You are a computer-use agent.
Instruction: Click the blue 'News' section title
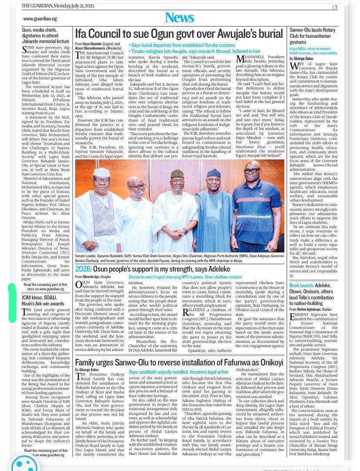[x=179, y=18]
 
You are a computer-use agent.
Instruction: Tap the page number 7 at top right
[x=336, y=7]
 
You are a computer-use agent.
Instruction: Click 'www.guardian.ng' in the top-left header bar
[x=40, y=19]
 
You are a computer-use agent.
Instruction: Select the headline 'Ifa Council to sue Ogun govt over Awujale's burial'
[x=179, y=34]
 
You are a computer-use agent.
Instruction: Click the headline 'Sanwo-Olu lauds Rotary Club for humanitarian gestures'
[x=313, y=36]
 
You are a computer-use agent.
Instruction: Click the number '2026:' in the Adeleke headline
[x=83, y=269]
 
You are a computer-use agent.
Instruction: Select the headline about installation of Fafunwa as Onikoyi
[x=179, y=362]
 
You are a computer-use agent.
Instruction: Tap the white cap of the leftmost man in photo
[x=100, y=171]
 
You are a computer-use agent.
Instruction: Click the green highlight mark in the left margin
[x=12, y=303]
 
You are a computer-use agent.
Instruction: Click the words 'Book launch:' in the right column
[x=302, y=285]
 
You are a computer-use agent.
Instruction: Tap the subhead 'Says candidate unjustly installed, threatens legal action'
[x=178, y=372]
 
